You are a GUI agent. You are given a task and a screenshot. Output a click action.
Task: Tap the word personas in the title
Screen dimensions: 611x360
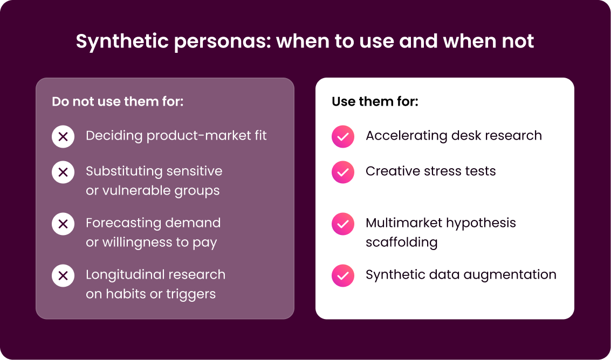pyautogui.click(x=223, y=42)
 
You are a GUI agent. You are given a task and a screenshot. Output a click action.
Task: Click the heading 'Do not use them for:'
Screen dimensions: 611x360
pyautogui.click(x=118, y=102)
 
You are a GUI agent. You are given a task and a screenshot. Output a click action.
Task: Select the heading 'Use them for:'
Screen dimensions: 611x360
pyautogui.click(x=375, y=102)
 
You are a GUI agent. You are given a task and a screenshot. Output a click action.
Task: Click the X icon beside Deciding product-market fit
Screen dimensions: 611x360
pyautogui.click(x=63, y=137)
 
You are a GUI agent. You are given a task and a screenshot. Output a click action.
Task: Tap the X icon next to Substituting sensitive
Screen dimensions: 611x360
pyautogui.click(x=63, y=172)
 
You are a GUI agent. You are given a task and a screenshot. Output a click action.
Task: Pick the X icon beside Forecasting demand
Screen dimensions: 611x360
pyautogui.click(x=63, y=224)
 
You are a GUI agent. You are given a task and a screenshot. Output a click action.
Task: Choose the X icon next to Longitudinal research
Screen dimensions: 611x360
pyautogui.click(x=63, y=276)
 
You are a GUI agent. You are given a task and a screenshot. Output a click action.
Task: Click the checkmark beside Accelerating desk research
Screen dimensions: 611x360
pyautogui.click(x=343, y=137)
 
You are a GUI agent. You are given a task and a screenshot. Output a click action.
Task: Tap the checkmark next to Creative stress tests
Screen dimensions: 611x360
pyautogui.click(x=343, y=172)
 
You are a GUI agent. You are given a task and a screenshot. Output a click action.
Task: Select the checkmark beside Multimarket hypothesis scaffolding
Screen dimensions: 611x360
pyautogui.click(x=343, y=224)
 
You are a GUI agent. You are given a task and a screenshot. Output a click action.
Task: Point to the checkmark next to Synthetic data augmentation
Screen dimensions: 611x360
pyautogui.click(x=343, y=276)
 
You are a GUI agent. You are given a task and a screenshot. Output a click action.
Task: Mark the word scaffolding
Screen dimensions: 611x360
pyautogui.click(x=401, y=243)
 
